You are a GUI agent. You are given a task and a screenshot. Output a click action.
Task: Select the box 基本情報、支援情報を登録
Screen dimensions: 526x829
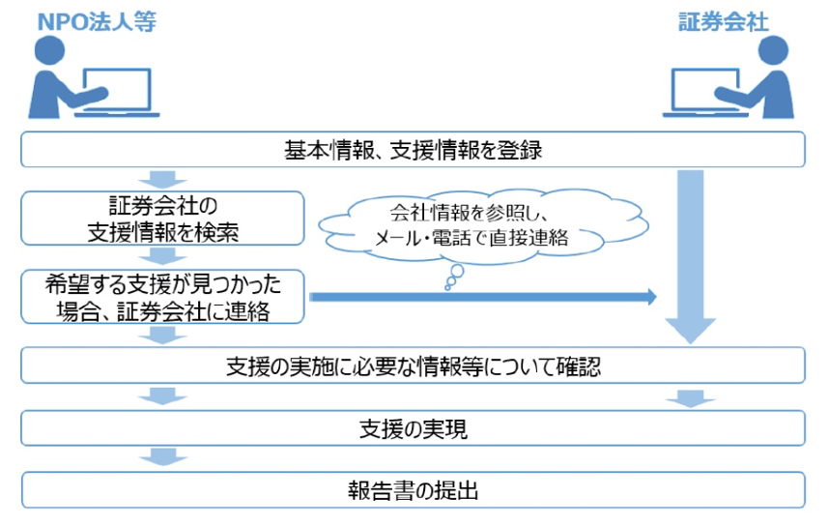[413, 150]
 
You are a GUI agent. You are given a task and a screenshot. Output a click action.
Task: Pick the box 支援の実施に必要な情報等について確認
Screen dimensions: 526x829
[413, 366]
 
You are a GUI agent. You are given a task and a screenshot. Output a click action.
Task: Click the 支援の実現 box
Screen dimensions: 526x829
[413, 428]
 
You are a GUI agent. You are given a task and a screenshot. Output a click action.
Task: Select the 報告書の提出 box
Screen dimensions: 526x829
[413, 489]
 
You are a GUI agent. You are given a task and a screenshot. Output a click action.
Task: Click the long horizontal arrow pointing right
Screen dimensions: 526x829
[483, 296]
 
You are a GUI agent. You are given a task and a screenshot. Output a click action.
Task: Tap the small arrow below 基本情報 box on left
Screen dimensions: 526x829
[160, 179]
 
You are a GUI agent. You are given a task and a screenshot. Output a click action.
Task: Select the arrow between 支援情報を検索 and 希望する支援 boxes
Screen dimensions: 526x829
[160, 257]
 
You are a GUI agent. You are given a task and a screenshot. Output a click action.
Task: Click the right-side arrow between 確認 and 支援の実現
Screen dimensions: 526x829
[689, 397]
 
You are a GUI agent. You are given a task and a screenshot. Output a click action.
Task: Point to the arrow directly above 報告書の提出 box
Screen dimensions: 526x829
[160, 458]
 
